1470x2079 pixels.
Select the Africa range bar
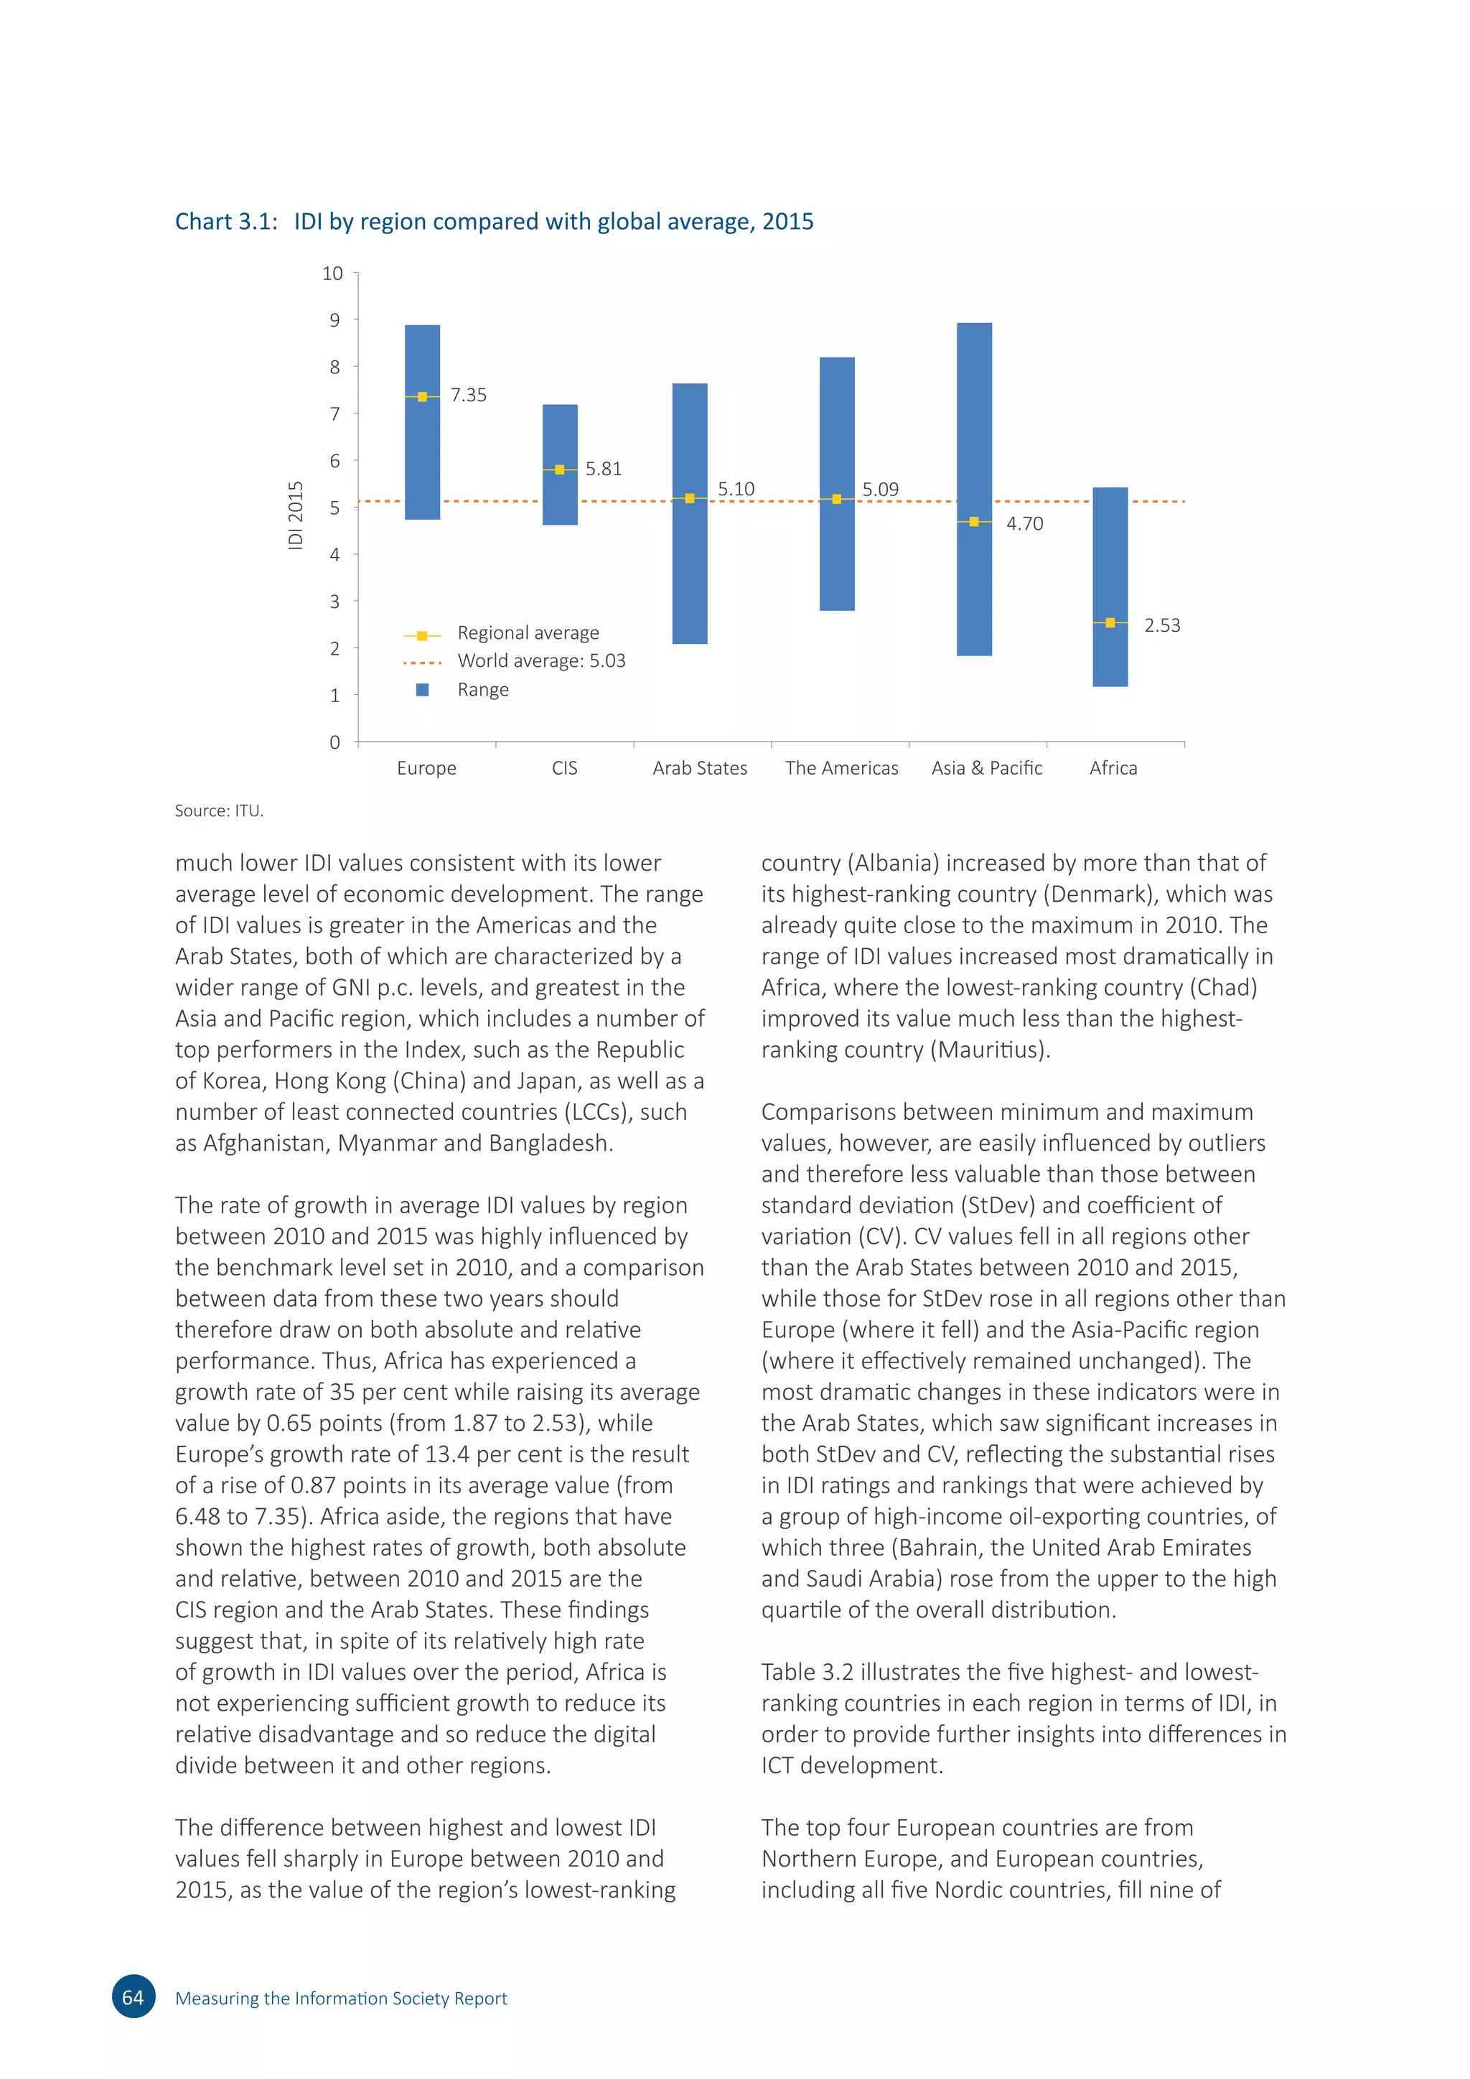tap(1110, 561)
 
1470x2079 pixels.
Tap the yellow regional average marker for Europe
tap(422, 396)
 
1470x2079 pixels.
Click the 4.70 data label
tap(1025, 524)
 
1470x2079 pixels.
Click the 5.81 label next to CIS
tap(603, 469)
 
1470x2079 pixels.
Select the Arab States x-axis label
tap(700, 768)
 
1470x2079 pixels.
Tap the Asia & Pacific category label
tap(987, 768)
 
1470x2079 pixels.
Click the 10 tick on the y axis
tap(332, 274)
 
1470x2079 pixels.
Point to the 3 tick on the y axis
tap(335, 602)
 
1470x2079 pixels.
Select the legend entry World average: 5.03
tap(541, 661)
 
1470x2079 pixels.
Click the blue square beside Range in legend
tap(422, 690)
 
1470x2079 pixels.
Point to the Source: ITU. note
tap(219, 811)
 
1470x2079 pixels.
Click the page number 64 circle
tap(133, 1997)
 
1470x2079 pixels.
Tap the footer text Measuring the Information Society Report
tap(340, 1999)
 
